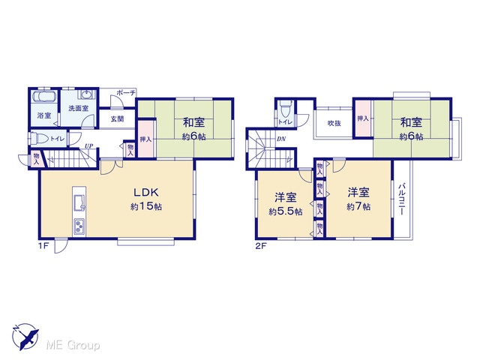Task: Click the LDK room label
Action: [x=146, y=192]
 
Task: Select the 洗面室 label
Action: [x=78, y=108]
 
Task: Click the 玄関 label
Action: [x=117, y=118]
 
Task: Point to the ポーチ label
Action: [x=125, y=93]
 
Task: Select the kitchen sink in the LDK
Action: [x=79, y=202]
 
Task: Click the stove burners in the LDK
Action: [x=79, y=226]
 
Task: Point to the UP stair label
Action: [x=89, y=145]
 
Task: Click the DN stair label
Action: [x=281, y=139]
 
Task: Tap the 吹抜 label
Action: [x=334, y=123]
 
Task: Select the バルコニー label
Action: [x=402, y=199]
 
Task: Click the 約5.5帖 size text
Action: [x=286, y=211]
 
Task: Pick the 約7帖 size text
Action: [x=358, y=207]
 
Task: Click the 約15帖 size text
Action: [x=146, y=207]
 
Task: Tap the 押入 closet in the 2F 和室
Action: [x=363, y=118]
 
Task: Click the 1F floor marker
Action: [x=43, y=246]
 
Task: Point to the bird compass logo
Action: [x=25, y=337]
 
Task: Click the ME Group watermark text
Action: [x=73, y=345]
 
